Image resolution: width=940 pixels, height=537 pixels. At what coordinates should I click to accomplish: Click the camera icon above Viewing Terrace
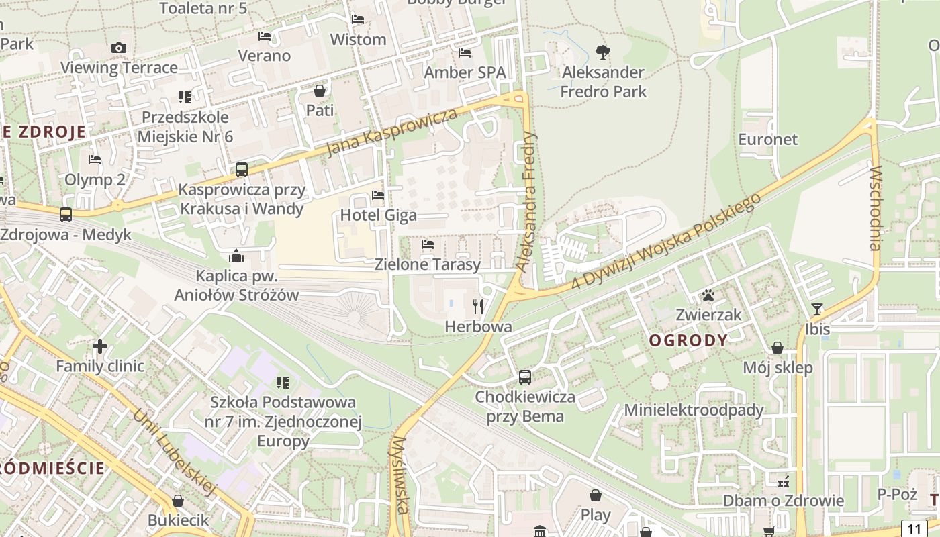[x=119, y=48]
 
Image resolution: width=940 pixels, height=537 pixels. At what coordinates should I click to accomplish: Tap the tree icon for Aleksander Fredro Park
[x=603, y=52]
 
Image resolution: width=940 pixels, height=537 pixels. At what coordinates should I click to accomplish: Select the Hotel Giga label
[x=379, y=215]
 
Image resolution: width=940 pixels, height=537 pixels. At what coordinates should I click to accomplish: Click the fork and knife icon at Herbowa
[x=478, y=307]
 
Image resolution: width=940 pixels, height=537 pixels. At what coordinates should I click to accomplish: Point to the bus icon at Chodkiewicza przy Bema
[x=525, y=377]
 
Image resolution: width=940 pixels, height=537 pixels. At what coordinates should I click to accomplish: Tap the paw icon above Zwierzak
[x=708, y=295]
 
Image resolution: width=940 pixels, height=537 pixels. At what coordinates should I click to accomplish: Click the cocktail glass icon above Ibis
[x=817, y=309]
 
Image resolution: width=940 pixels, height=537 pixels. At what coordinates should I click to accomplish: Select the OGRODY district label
[x=688, y=340]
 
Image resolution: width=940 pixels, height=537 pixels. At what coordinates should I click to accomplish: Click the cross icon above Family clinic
[x=100, y=346]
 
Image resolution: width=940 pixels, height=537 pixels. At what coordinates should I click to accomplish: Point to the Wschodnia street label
[x=874, y=208]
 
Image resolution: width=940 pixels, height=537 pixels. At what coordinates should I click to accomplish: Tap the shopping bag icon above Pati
[x=320, y=90]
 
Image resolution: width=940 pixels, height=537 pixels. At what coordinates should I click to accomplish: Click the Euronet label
[x=767, y=139]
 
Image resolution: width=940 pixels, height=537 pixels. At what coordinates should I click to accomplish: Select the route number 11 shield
[x=913, y=528]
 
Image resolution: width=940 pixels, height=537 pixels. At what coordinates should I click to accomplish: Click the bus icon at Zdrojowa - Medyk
[x=66, y=215]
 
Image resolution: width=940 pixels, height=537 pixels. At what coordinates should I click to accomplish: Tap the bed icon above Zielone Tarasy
[x=428, y=244]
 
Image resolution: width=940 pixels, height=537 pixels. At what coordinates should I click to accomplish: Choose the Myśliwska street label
[x=401, y=475]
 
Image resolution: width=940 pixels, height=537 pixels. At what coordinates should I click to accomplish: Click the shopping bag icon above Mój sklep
[x=777, y=348]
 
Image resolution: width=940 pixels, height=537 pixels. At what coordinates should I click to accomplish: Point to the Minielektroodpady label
[x=694, y=409]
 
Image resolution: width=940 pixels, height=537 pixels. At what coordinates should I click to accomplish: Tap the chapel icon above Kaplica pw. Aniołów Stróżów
[x=236, y=256]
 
